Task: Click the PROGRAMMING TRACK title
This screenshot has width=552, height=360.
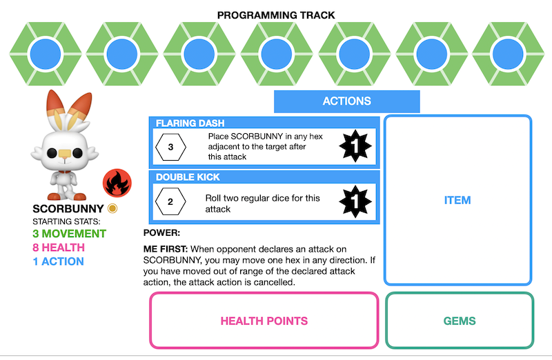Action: point(276,14)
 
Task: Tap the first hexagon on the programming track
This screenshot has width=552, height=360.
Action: point(46,52)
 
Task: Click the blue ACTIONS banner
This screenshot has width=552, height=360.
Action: point(346,101)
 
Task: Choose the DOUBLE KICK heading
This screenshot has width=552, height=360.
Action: point(188,177)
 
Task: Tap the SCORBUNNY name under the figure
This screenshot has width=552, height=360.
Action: point(68,208)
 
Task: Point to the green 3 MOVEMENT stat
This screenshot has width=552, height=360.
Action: point(70,234)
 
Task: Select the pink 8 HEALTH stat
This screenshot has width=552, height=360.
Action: point(59,248)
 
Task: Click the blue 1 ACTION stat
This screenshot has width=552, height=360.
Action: point(58,261)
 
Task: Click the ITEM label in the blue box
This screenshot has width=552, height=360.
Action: point(457,201)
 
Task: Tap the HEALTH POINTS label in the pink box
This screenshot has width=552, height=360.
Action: point(264,321)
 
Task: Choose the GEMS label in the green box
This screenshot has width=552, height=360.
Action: point(459,321)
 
